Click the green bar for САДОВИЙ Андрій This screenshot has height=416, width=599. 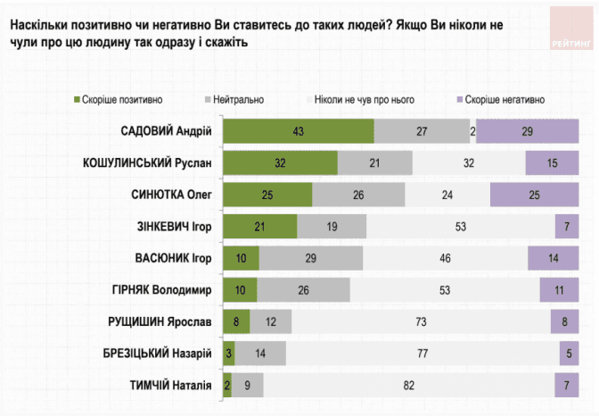point(298,132)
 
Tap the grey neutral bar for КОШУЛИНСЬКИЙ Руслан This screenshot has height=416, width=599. point(375,163)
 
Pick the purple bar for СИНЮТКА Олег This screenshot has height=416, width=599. point(534,196)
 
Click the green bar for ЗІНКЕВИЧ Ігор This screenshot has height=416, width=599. point(259,227)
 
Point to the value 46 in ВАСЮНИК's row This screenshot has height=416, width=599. point(445,258)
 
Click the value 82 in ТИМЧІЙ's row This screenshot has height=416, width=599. point(410,385)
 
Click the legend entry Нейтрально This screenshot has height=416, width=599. point(234,100)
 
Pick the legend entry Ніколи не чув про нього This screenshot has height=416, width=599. point(360,100)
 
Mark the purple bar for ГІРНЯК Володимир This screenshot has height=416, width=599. point(559,290)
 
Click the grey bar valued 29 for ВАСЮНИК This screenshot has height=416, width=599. point(311,258)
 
